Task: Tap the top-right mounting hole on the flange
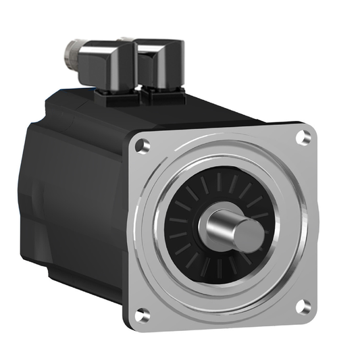305,137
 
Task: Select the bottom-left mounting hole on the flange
142,314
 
